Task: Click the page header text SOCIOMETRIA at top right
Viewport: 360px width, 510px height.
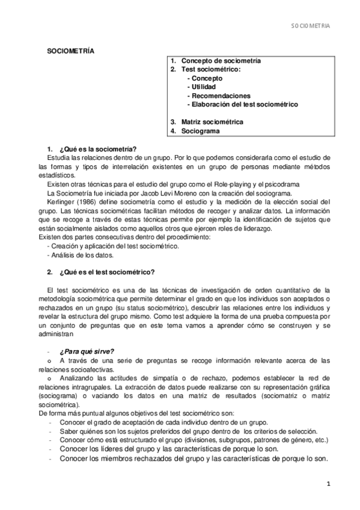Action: pyautogui.click(x=311, y=26)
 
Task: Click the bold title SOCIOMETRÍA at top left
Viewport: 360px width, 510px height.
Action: pyautogui.click(x=70, y=52)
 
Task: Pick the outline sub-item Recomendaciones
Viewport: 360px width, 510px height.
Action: pyautogui.click(x=219, y=96)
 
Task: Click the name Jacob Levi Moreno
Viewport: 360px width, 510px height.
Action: pyautogui.click(x=152, y=193)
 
